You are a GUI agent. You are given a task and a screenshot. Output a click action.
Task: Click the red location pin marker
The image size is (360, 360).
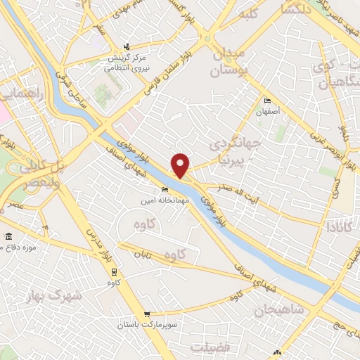click(x=181, y=165)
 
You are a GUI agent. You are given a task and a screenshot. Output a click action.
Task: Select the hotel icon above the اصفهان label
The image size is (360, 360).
click(x=266, y=101)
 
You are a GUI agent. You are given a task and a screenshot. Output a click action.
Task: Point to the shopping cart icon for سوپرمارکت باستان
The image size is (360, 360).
click(x=146, y=314)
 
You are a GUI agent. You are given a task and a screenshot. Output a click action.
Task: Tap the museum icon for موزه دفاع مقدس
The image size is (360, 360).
click(x=8, y=236)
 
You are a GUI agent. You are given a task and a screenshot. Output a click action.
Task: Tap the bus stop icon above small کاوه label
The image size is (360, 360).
click(x=113, y=273)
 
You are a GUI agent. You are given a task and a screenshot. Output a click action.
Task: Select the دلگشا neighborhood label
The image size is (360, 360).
click(x=295, y=9)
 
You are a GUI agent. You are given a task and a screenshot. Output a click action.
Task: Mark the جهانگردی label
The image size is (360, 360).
click(x=236, y=144)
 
